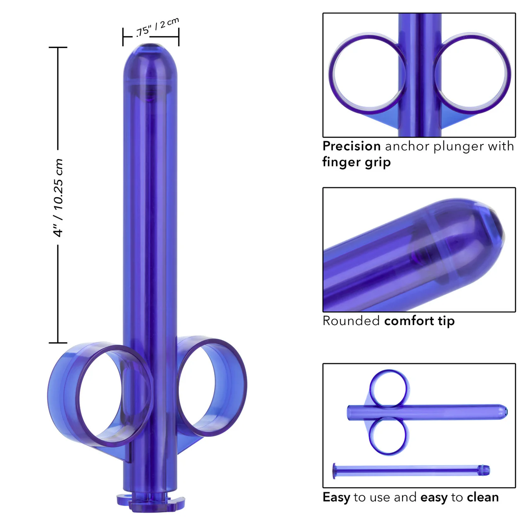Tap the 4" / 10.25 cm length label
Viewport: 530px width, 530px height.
58,198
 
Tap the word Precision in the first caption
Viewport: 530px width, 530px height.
352,146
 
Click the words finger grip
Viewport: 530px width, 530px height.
357,162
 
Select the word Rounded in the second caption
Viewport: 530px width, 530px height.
351,321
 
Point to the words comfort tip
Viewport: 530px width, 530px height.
419,321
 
